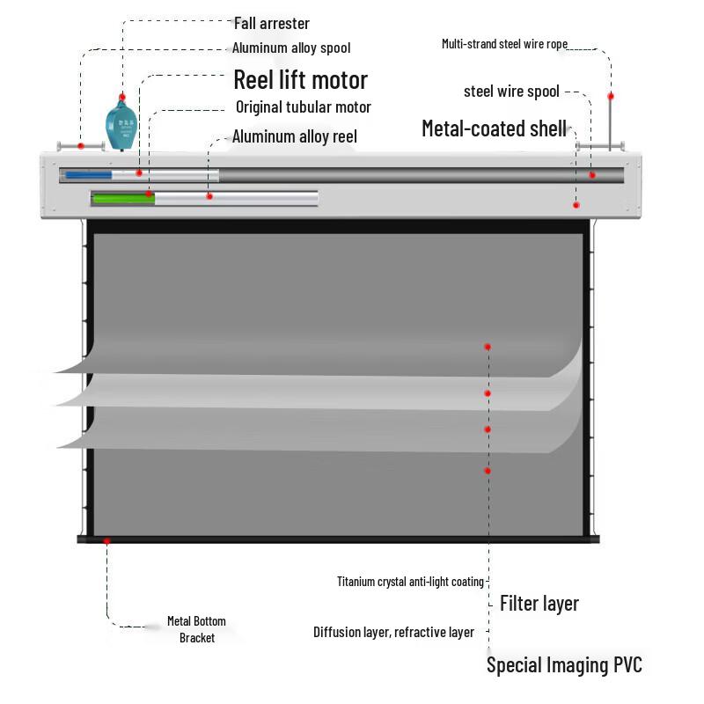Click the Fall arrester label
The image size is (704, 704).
tap(272, 24)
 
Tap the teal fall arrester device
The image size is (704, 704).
tap(121, 125)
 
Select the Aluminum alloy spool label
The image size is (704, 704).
tap(291, 48)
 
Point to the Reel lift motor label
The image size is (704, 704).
tap(301, 80)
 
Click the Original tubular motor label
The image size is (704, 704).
tap(304, 106)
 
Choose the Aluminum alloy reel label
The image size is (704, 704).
tap(295, 136)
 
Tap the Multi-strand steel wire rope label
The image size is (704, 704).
tap(504, 43)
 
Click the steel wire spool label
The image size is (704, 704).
tap(511, 92)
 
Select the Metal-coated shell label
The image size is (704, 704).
tap(494, 128)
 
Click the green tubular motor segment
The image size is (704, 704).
tap(123, 198)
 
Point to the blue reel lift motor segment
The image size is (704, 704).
tap(89, 174)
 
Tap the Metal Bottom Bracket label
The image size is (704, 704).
tap(196, 629)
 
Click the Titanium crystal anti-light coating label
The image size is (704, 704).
tap(410, 582)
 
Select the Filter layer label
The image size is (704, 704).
tap(539, 604)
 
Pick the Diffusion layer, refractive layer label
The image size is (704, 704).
tap(393, 632)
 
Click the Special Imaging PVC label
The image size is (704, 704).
tap(564, 665)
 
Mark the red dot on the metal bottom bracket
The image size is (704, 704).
tap(106, 540)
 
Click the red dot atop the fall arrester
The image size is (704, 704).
tap(122, 97)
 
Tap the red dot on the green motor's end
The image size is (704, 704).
tap(149, 194)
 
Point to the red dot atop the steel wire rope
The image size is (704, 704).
tap(611, 96)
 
